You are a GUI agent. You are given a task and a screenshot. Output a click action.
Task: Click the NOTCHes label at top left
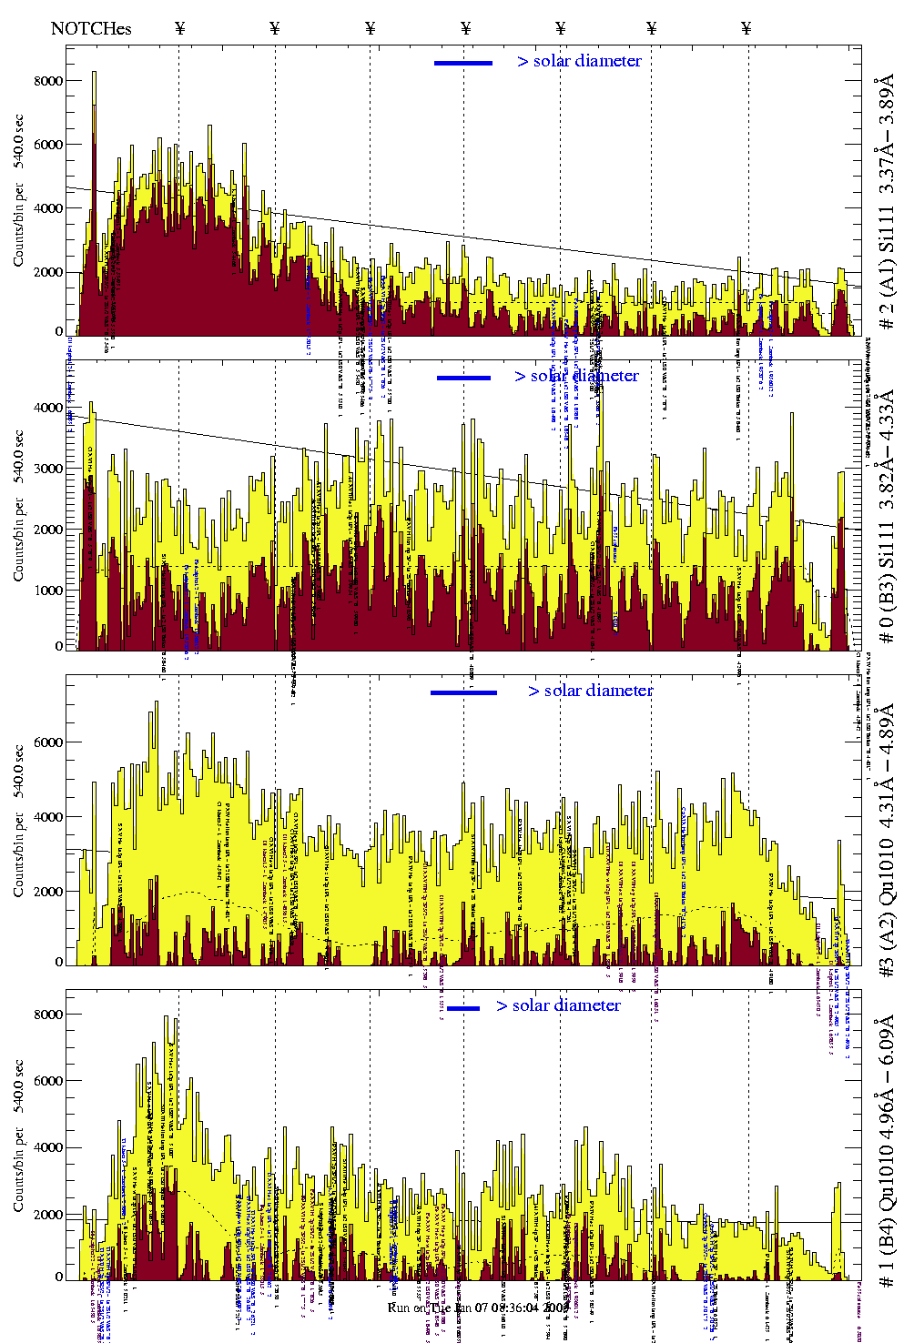91,28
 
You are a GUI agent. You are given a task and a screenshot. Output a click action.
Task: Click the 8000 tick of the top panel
48,81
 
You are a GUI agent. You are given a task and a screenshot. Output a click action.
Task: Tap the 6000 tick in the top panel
48,145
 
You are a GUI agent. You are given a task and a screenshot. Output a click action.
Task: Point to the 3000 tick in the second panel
48,469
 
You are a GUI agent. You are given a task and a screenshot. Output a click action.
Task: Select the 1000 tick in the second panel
48,591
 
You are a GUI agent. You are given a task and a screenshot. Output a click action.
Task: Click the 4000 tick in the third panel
48,817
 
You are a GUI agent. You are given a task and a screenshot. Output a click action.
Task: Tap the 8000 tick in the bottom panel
48,1015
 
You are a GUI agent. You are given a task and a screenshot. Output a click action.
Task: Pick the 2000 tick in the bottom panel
48,1215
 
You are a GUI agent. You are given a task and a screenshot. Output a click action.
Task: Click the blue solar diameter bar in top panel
463,63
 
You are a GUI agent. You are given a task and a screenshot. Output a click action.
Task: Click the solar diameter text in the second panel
576,376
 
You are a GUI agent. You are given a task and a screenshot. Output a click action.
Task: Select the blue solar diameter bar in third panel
463,692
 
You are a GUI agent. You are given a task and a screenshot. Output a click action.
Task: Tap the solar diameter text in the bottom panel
558,1005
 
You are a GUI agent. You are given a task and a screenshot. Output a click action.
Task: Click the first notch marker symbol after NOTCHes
179,28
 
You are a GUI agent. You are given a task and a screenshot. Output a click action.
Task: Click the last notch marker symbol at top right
746,28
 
